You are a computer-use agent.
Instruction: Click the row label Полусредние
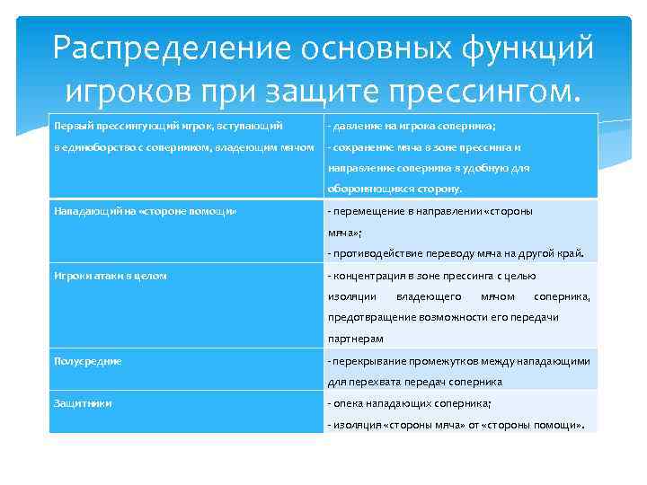click(x=87, y=361)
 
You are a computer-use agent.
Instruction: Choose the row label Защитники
click(x=83, y=404)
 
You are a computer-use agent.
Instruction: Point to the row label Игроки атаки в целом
click(x=111, y=276)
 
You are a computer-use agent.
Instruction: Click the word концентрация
click(x=368, y=276)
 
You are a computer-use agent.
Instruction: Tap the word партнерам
click(x=355, y=339)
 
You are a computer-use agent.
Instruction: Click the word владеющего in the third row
click(x=429, y=296)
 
